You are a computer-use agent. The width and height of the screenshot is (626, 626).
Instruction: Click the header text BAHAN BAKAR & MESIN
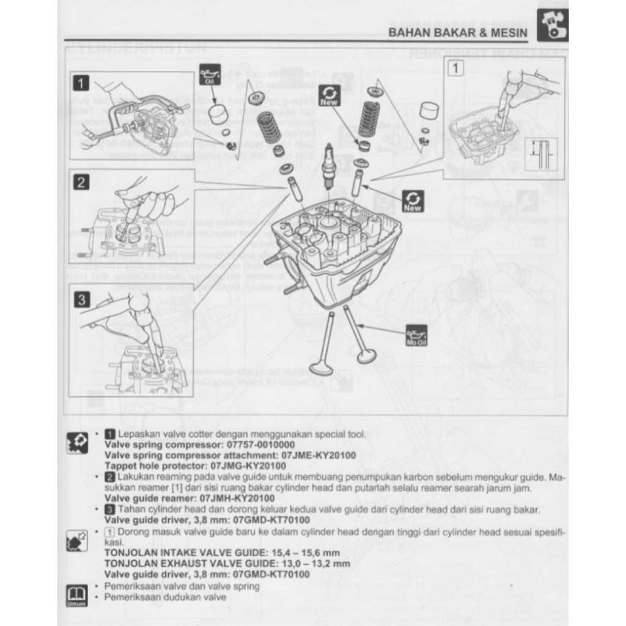457,32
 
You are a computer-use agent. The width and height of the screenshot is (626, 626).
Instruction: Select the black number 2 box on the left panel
81,182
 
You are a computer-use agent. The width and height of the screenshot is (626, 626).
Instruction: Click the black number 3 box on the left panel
81,299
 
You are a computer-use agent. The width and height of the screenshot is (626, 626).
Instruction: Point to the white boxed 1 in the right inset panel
455,68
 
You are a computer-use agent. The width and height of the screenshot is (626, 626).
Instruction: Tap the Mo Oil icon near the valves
416,335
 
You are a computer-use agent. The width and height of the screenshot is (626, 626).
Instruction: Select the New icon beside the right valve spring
330,95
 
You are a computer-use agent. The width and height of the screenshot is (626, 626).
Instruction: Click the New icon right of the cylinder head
413,201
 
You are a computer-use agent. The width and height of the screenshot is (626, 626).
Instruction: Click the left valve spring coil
268,127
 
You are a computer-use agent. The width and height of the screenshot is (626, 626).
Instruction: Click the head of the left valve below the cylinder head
321,368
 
